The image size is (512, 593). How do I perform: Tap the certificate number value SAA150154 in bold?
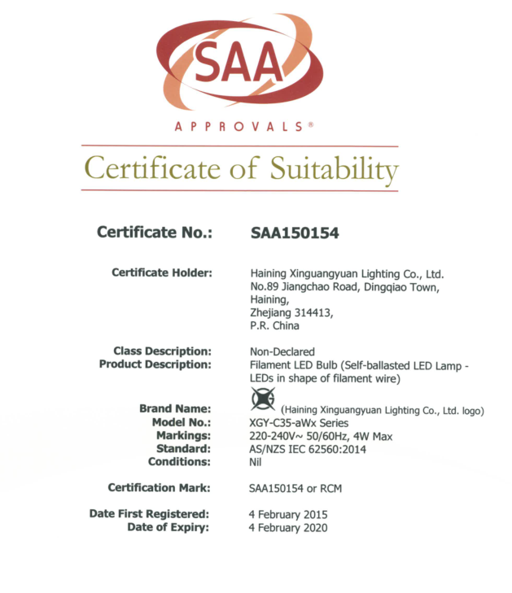[295, 233]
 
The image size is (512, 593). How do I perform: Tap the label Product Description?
[155, 364]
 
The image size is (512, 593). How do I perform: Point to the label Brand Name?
[175, 408]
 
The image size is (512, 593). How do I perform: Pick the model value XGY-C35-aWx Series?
[299, 423]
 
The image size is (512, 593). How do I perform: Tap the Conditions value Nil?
[255, 462]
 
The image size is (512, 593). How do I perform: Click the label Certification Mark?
[160, 488]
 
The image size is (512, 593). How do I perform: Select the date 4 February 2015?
[287, 515]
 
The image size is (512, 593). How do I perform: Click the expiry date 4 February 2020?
[287, 528]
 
